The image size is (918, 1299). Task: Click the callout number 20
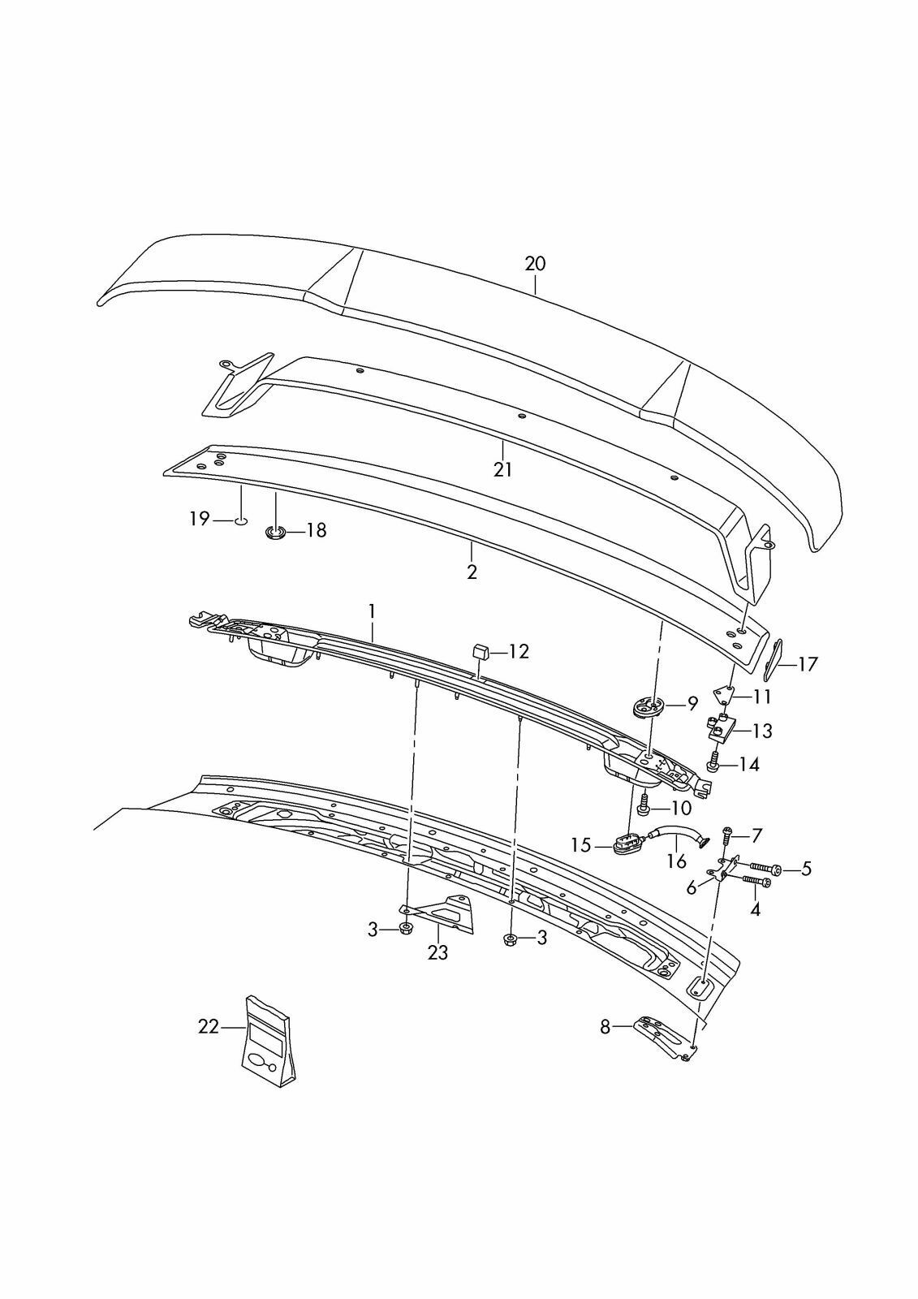(x=535, y=263)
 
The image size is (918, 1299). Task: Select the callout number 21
(x=502, y=469)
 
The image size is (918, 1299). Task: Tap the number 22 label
(x=209, y=1027)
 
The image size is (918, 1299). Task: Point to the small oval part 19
(x=240, y=520)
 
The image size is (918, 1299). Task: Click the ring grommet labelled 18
(x=276, y=533)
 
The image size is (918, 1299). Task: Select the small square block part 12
(x=479, y=649)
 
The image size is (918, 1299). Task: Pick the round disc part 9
(x=648, y=707)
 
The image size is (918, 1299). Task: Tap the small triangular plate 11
(x=725, y=694)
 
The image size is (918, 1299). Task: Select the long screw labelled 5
(x=765, y=870)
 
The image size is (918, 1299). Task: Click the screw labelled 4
(x=752, y=882)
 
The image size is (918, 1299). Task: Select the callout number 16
(x=676, y=861)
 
